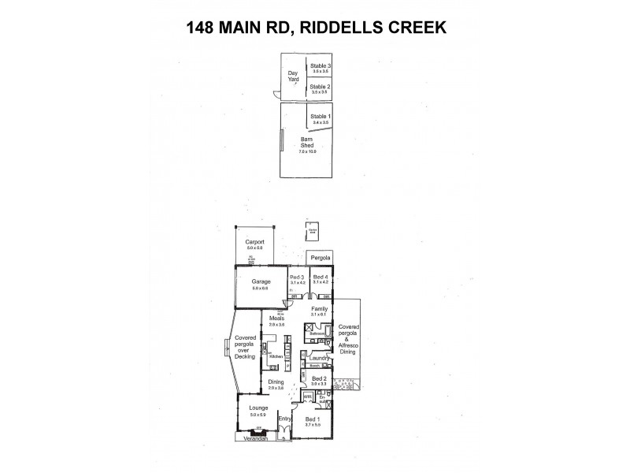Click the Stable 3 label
pos(320,66)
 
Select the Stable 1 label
pos(321,117)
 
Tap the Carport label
pos(254,242)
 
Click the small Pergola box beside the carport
pos(320,258)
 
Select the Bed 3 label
pos(296,277)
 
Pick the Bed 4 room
pos(320,277)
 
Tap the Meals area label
pos(276,318)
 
